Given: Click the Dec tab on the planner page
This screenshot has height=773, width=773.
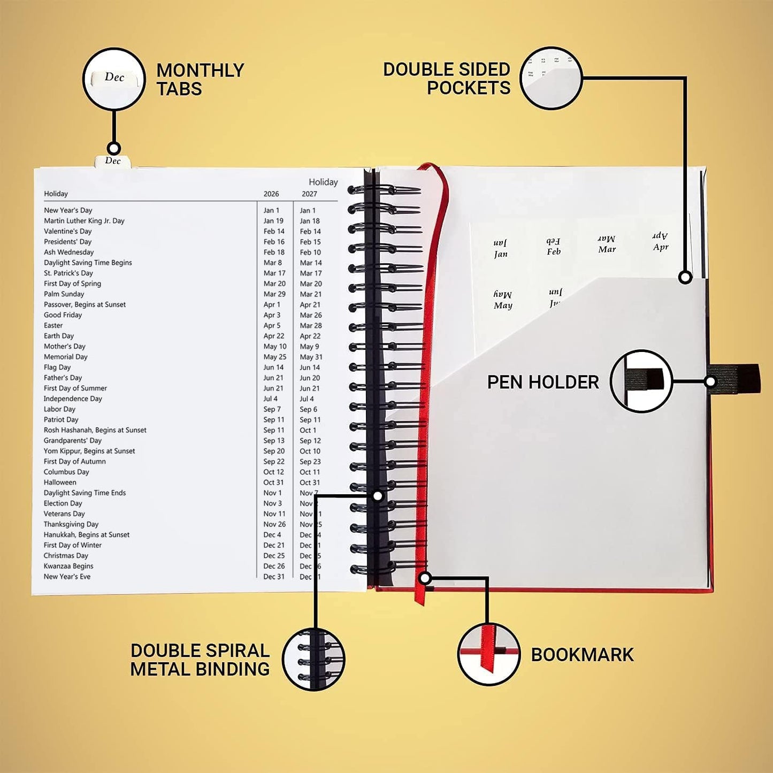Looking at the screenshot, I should [113, 161].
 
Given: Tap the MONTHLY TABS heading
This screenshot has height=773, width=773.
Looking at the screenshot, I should [200, 79].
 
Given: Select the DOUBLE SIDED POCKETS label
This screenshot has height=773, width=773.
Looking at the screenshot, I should [447, 79].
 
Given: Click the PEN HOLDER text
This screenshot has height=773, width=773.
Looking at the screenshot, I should [542, 382].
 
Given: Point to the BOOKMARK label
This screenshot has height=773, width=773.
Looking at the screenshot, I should [582, 655].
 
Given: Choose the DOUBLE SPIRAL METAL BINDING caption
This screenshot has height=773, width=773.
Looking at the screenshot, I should [200, 660].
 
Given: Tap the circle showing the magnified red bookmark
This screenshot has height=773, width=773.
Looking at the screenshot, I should [489, 654].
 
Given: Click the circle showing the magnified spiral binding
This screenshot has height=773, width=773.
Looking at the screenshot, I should [313, 659].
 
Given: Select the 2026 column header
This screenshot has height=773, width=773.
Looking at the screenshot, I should [271, 194].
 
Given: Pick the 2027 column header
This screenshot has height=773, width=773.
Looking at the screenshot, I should [309, 194].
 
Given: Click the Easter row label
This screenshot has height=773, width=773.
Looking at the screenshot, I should [53, 325].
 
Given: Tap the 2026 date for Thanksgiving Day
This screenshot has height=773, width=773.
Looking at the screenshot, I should [274, 524].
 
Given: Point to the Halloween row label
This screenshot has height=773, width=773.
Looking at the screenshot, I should [60, 483].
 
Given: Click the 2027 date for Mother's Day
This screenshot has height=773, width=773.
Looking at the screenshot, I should [309, 347].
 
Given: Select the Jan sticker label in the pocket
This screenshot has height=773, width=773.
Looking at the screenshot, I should [501, 254].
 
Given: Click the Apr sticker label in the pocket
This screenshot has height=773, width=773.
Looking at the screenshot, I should [661, 247].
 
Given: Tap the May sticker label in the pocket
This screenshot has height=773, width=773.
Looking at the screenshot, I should [503, 305].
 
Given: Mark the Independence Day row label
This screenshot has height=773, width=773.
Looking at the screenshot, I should [73, 399].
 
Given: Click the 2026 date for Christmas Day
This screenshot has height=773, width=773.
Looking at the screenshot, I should [274, 556].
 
